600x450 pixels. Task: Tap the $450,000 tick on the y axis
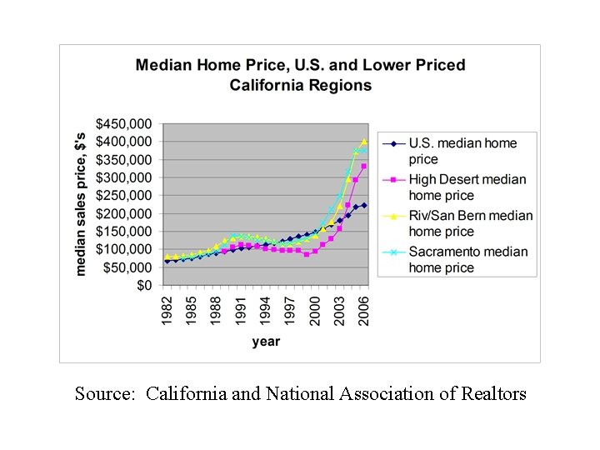pyautogui.click(x=124, y=124)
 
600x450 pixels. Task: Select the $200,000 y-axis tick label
pyautogui.click(x=124, y=213)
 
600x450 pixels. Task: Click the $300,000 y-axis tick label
pyautogui.click(x=124, y=177)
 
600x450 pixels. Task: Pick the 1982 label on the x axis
pyautogui.click(x=167, y=312)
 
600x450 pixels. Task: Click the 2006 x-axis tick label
pyautogui.click(x=364, y=312)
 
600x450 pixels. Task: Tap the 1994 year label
pyautogui.click(x=265, y=312)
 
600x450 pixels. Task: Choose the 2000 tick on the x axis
pyautogui.click(x=315, y=312)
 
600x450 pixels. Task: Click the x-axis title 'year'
pyautogui.click(x=266, y=341)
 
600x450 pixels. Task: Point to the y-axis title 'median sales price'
pyautogui.click(x=82, y=204)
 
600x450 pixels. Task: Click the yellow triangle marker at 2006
pyautogui.click(x=364, y=142)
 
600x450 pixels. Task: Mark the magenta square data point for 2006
pyautogui.click(x=364, y=167)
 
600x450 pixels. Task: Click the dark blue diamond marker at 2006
pyautogui.click(x=364, y=205)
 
